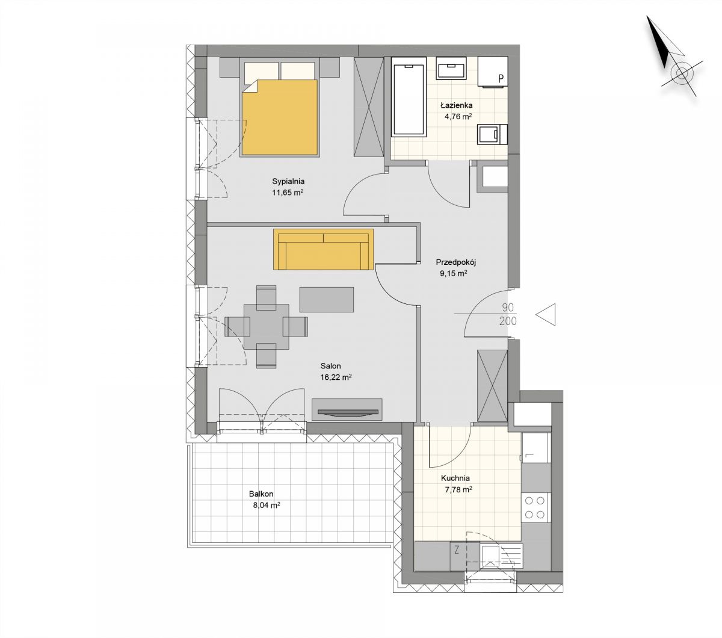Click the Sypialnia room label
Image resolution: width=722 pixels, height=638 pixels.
tap(288, 181)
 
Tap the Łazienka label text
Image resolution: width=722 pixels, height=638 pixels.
tap(456, 105)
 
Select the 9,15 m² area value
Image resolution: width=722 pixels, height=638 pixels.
tap(453, 273)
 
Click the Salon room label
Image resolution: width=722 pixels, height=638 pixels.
tap(330, 366)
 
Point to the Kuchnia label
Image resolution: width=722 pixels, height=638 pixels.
tap(455, 478)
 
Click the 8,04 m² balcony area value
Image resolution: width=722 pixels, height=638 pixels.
tap(266, 506)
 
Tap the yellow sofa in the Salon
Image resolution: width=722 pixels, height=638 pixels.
tap(323, 249)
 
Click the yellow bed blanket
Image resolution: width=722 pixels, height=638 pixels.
tap(279, 117)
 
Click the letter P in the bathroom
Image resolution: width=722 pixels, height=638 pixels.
tap(501, 78)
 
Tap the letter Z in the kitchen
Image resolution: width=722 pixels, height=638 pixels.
tap(457, 551)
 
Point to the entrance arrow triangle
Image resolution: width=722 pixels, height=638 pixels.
tap(546, 315)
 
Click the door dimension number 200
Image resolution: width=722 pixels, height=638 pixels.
tap(508, 321)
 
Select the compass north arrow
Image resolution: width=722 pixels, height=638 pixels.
tap(658, 42)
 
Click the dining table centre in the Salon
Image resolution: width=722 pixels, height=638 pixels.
tap(266, 326)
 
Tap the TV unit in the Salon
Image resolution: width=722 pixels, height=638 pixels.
tap(347, 409)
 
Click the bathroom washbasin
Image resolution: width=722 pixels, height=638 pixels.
tap(451, 68)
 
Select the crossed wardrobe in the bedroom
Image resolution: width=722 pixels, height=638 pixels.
tap(369, 107)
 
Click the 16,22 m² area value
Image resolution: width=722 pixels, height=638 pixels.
tap(336, 377)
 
